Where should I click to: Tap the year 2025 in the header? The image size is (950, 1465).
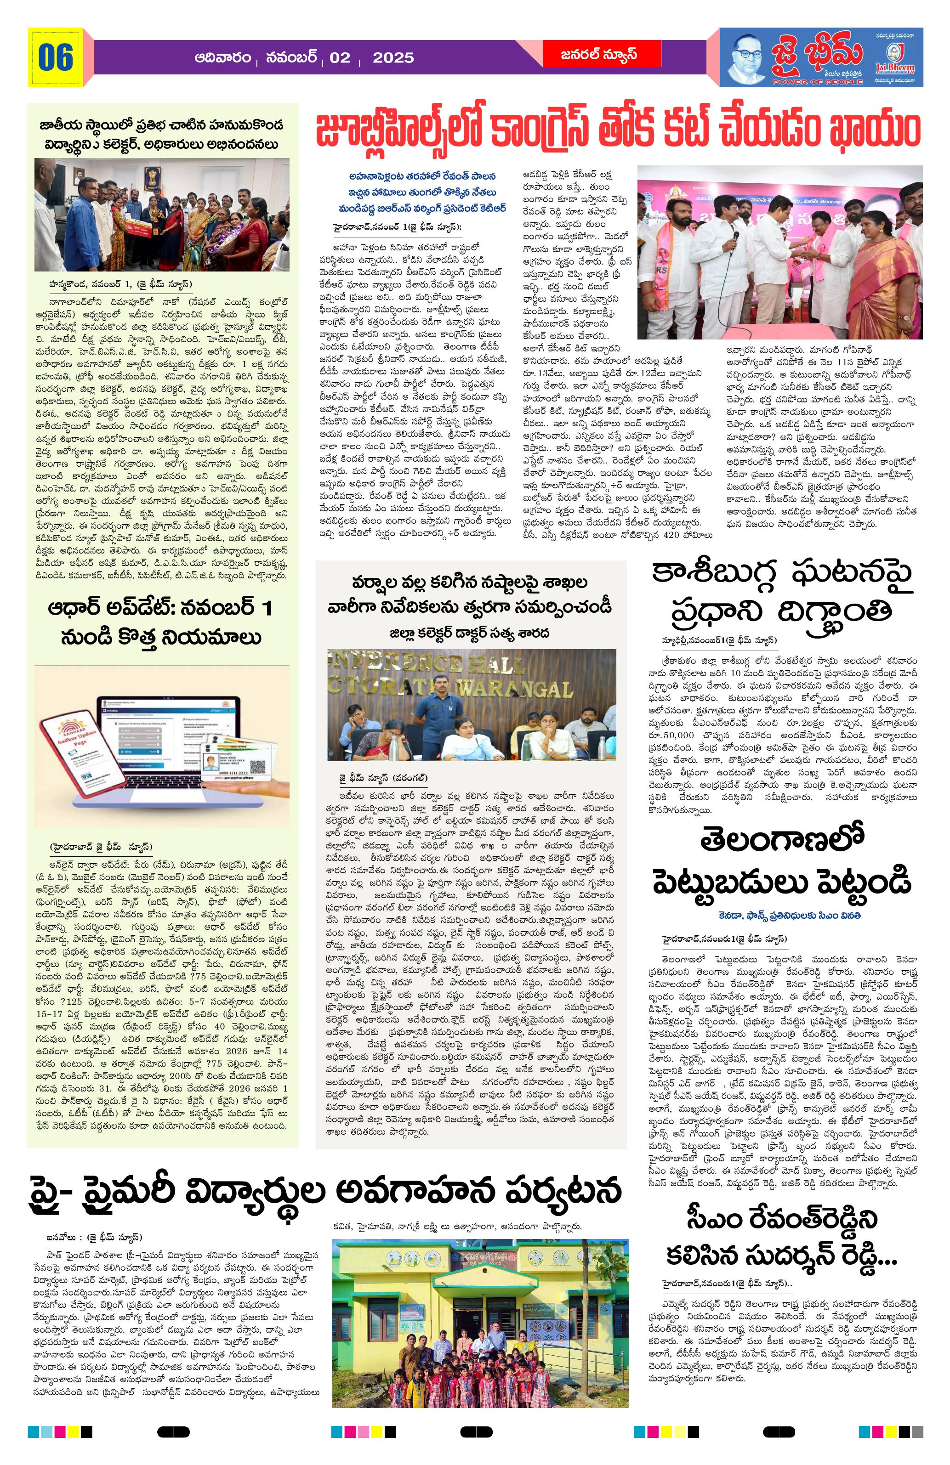[x=393, y=57]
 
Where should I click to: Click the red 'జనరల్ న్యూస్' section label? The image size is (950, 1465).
[x=590, y=55]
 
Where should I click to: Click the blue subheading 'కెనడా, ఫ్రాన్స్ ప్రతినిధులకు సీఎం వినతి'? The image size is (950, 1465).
[x=783, y=915]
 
